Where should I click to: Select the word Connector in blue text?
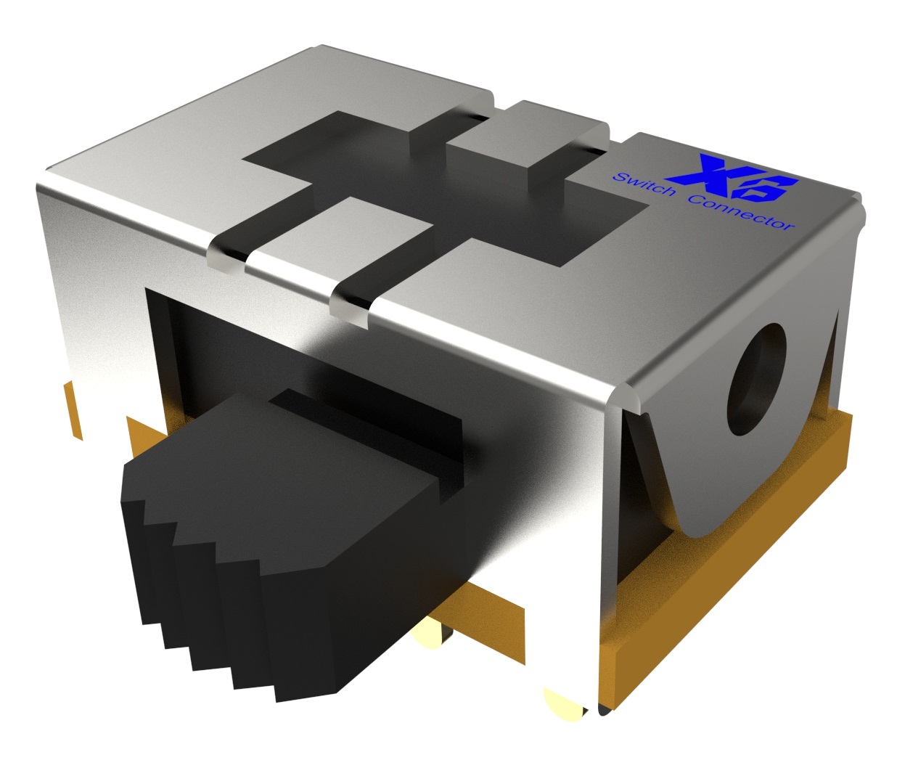[x=741, y=214]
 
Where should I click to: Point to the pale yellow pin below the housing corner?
[x=564, y=701]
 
